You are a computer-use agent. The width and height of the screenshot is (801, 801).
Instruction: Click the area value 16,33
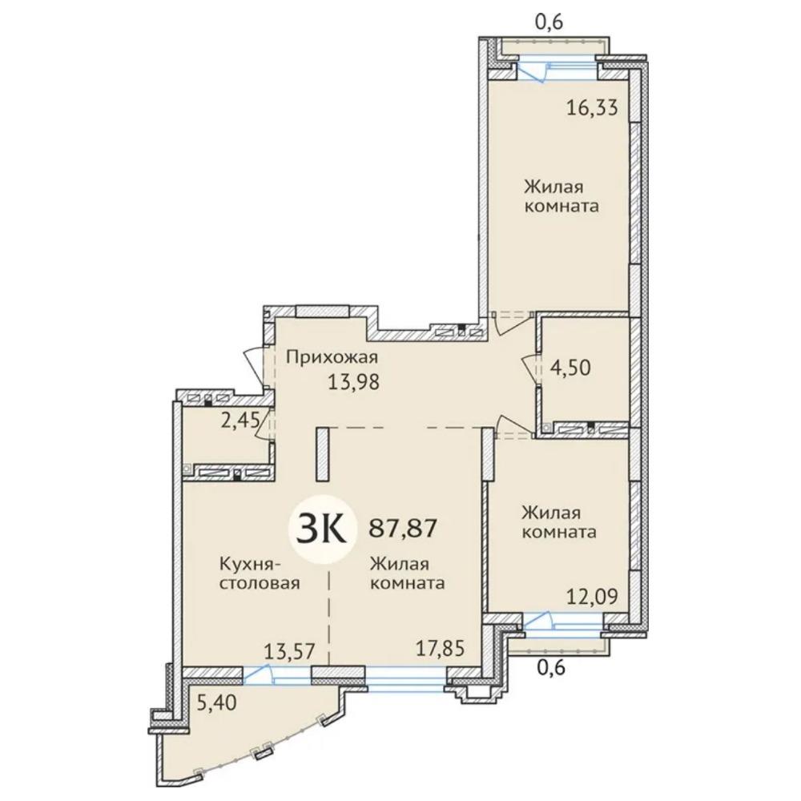click(592, 108)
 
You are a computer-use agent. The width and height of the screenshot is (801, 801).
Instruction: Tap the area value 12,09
click(592, 596)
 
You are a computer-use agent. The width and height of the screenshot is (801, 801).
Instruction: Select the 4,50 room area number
click(570, 368)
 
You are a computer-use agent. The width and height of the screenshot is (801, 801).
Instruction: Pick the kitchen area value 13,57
click(289, 651)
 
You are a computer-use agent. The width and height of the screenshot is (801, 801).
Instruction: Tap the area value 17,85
click(440, 649)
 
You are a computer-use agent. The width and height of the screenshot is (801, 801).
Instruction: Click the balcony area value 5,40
click(216, 703)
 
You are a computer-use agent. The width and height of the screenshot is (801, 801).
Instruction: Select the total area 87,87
click(403, 528)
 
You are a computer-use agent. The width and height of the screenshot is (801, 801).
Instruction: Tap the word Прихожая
click(332, 357)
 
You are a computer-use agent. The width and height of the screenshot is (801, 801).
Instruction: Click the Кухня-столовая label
click(260, 574)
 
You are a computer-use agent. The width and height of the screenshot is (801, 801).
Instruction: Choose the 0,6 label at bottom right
click(552, 668)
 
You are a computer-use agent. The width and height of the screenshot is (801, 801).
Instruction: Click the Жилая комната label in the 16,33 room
click(562, 196)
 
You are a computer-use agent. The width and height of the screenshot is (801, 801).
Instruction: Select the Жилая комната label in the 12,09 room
click(559, 522)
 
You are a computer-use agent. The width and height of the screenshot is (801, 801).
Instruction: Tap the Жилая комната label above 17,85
click(407, 574)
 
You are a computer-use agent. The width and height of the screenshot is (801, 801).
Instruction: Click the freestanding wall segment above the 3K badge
click(322, 454)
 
